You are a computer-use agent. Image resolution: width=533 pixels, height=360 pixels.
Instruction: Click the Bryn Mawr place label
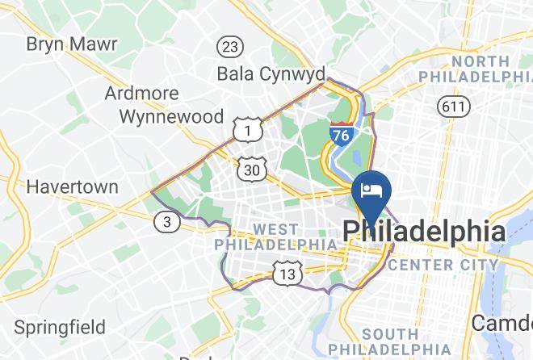[71, 44]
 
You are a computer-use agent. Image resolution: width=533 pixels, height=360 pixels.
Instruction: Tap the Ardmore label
[141, 93]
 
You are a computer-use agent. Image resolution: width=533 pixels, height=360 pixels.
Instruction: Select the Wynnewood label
[171, 116]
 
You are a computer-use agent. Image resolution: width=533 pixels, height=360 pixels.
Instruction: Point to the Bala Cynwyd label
[271, 73]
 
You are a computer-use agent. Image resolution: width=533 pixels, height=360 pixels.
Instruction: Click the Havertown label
[72, 187]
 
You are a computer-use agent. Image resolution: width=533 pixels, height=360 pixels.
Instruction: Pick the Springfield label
[60, 328]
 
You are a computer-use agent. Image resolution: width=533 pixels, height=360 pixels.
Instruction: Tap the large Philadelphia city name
[425, 232]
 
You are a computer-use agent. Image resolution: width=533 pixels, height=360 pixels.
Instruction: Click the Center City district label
[443, 265]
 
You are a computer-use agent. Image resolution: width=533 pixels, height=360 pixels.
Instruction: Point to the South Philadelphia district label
[412, 341]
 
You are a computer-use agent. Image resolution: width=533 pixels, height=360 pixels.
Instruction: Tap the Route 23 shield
[230, 46]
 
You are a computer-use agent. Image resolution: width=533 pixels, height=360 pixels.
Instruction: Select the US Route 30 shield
[251, 169]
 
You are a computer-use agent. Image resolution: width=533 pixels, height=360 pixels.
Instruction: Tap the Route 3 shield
[166, 222]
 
